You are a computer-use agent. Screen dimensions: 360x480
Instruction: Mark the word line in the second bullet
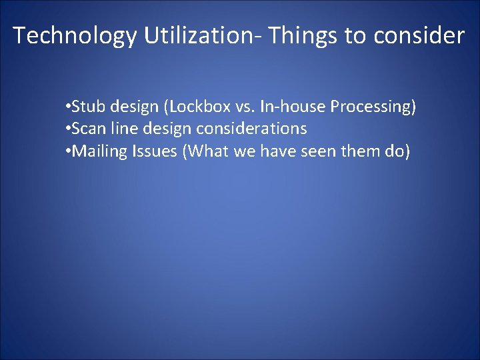pyautogui.click(x=120, y=129)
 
